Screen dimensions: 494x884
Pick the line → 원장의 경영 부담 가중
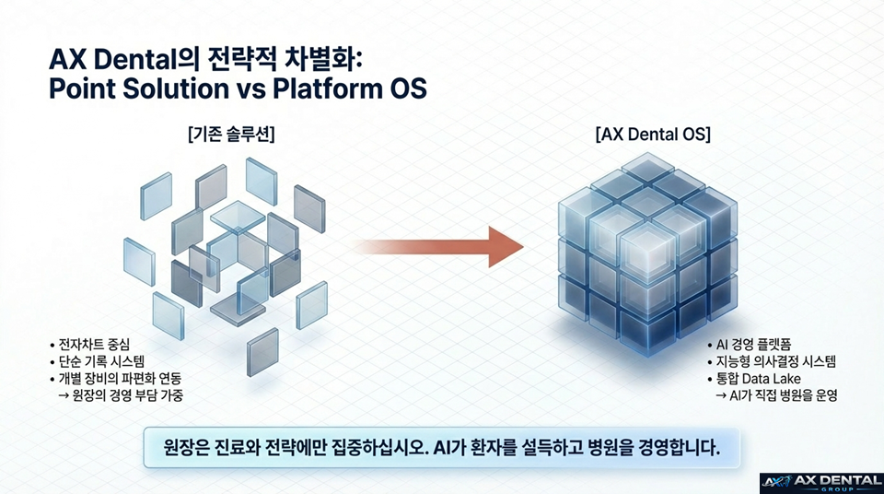(x=132, y=396)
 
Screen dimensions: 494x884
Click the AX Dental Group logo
(x=820, y=481)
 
